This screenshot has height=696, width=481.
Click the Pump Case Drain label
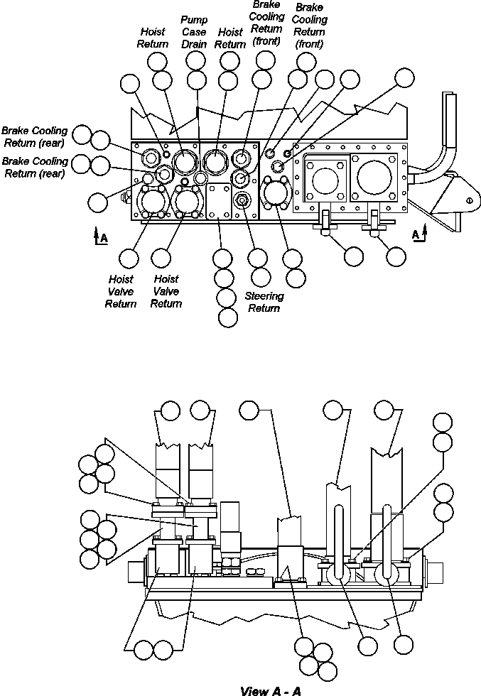[194, 32]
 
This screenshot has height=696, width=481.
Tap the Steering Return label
[264, 302]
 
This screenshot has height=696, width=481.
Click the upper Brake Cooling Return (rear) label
[34, 136]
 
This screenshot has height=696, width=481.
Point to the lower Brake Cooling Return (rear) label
[34, 167]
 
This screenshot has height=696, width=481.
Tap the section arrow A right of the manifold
[421, 234]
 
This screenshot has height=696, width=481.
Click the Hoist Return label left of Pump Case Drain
[153, 38]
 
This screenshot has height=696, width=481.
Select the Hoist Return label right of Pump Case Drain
[229, 38]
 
